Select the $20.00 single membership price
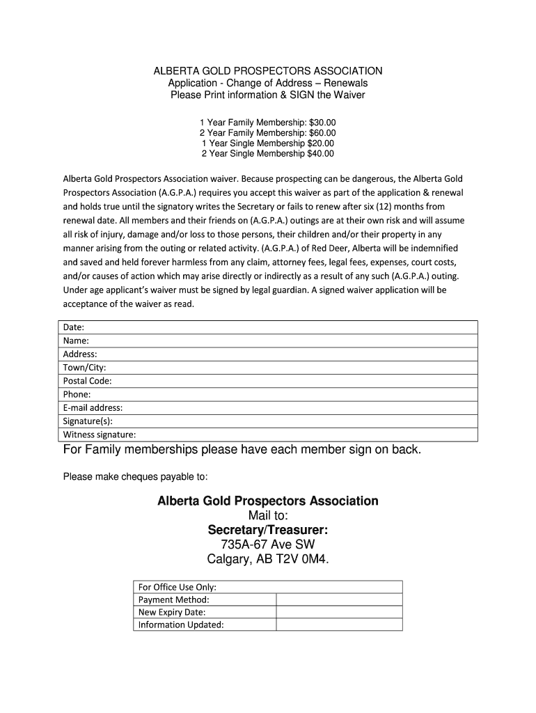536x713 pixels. pyautogui.click(x=320, y=143)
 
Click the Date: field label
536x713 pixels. pyautogui.click(x=74, y=327)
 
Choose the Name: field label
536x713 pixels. pyautogui.click(x=76, y=340)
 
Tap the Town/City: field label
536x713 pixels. pyautogui.click(x=85, y=368)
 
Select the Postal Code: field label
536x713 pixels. pyautogui.click(x=88, y=381)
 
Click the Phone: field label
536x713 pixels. pyautogui.click(x=77, y=394)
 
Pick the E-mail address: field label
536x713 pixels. pyautogui.click(x=93, y=408)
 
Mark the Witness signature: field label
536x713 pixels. pyautogui.click(x=100, y=435)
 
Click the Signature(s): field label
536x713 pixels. pyautogui.click(x=88, y=421)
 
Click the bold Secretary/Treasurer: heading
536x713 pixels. pyautogui.click(x=268, y=531)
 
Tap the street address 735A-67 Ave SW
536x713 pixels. pyautogui.click(x=268, y=544)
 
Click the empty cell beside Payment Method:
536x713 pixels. pyautogui.click(x=339, y=600)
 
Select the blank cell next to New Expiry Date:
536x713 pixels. pyautogui.click(x=339, y=612)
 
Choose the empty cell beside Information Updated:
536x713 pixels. pyautogui.click(x=339, y=625)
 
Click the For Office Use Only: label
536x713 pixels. pyautogui.click(x=178, y=587)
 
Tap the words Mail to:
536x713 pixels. pyautogui.click(x=268, y=516)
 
